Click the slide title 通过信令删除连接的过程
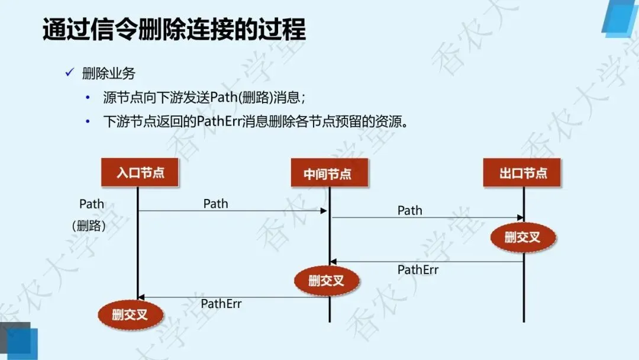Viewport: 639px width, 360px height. [x=174, y=30]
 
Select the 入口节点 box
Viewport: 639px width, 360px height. [x=140, y=173]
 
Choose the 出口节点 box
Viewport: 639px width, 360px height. [x=522, y=173]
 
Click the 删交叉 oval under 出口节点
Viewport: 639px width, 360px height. [x=522, y=238]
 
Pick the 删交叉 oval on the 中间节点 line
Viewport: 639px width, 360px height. [x=327, y=281]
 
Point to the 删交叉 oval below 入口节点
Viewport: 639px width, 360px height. [x=130, y=315]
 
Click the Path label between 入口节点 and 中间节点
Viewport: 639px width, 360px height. [x=215, y=204]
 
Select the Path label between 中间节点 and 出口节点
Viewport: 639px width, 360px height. [x=409, y=210]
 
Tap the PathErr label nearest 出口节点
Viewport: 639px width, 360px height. [x=418, y=270]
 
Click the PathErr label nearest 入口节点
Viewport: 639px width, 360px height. [x=221, y=304]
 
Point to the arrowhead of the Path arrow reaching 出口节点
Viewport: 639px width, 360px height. [x=521, y=218]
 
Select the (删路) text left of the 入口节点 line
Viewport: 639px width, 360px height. [x=89, y=226]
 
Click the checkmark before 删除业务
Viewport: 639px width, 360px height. [x=69, y=73]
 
